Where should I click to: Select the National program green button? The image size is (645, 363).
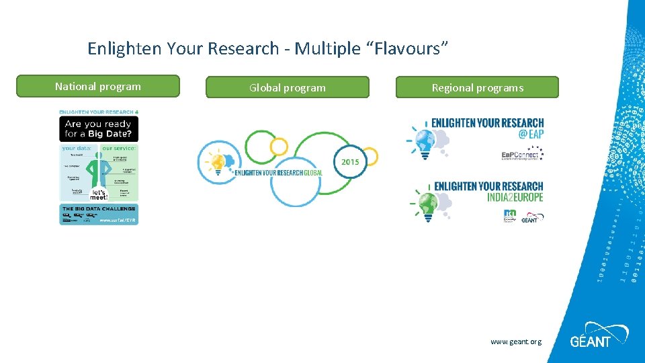coord(98,87)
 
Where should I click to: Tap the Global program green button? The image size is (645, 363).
coord(287,88)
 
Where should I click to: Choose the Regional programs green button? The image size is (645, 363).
coord(477,88)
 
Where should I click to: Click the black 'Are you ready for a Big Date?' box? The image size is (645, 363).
coord(99,128)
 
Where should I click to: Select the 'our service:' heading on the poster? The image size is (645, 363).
coord(119,148)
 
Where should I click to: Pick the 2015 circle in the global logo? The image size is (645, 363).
coord(351,162)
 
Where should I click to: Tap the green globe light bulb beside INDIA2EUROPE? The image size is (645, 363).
coord(426,202)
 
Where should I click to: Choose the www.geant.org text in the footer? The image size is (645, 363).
coord(515,342)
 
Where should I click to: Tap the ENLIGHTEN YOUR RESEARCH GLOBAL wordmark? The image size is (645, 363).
coord(279,173)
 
